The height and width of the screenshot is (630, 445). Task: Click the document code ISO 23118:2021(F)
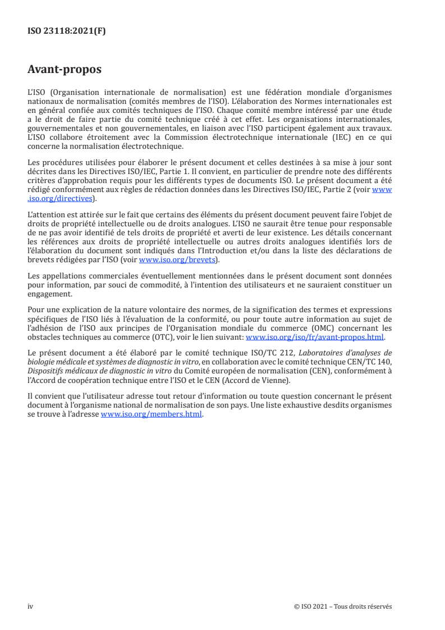(66, 31)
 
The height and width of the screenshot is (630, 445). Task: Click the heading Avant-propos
(64, 70)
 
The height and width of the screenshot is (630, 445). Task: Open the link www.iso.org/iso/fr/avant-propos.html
(315, 337)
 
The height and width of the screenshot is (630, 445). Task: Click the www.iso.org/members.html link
(151, 414)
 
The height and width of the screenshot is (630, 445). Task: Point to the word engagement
(49, 293)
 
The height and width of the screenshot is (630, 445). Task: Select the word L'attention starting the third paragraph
(44, 214)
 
